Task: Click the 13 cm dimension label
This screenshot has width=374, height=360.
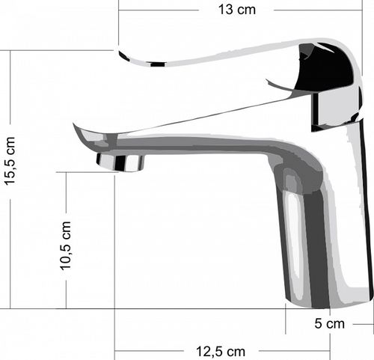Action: point(237,10)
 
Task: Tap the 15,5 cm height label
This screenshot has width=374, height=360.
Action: point(10,161)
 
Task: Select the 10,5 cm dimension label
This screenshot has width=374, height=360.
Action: point(66,245)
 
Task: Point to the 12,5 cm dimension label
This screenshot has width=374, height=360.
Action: point(221,352)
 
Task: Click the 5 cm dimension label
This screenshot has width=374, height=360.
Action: point(329,324)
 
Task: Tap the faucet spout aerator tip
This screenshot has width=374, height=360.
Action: point(120,162)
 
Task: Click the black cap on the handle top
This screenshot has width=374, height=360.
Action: point(324,67)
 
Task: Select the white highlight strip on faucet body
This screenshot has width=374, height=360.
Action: point(292,234)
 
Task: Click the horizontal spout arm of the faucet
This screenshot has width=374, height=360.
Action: point(192,144)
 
